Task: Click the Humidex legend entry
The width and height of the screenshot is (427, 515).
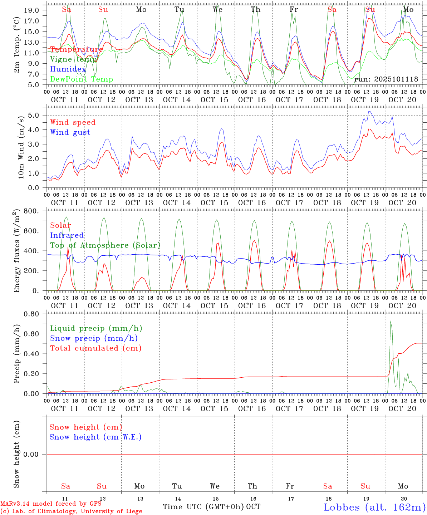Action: [x=68, y=69]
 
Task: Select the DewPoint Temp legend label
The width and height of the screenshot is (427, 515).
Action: [x=82, y=79]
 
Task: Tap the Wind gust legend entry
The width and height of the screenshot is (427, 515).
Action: [x=70, y=132]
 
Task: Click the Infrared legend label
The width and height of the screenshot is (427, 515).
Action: [x=67, y=235]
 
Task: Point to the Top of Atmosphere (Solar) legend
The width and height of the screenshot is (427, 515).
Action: [x=105, y=245]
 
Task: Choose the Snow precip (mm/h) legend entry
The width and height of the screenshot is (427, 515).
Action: [x=94, y=338]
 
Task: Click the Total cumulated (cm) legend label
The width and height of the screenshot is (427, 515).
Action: [x=95, y=348]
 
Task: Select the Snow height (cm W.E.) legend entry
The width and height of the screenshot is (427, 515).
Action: [x=95, y=437]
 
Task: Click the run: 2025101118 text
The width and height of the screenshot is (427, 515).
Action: [x=386, y=79]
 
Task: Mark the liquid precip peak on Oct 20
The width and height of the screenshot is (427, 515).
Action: [x=391, y=321]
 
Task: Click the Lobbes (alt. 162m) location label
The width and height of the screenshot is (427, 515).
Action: [x=374, y=507]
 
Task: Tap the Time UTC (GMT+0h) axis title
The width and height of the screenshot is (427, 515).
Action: [x=203, y=507]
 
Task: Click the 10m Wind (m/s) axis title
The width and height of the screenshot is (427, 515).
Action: [x=21, y=147]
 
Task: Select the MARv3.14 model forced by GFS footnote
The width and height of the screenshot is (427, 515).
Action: [x=51, y=504]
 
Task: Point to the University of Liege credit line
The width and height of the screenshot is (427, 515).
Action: [x=71, y=511]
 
